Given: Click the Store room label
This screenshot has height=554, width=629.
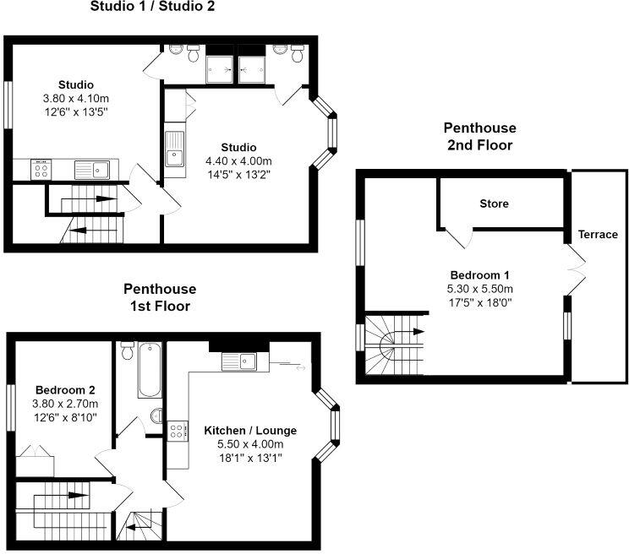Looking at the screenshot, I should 495,204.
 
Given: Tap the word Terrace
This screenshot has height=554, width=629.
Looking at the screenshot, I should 598,234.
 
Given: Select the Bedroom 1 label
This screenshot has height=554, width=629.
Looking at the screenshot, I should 479,275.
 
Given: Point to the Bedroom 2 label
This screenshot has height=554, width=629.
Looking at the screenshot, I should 64,390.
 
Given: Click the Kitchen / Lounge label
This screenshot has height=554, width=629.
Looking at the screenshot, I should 250,431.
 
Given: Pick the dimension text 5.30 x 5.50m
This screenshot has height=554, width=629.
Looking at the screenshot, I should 479,288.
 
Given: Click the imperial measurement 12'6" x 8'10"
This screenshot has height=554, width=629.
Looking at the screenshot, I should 64,417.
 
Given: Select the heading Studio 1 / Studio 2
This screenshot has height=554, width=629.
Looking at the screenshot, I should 152,8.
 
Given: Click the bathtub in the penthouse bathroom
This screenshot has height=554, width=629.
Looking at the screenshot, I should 150,370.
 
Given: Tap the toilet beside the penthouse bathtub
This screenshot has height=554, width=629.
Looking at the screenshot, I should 128,350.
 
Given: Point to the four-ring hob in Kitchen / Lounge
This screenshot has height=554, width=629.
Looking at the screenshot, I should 177,431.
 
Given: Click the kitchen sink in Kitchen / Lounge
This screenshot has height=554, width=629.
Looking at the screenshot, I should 239,361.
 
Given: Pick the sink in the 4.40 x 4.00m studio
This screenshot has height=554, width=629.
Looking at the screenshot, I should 175,155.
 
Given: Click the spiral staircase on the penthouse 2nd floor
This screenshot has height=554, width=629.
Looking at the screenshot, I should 396,344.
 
